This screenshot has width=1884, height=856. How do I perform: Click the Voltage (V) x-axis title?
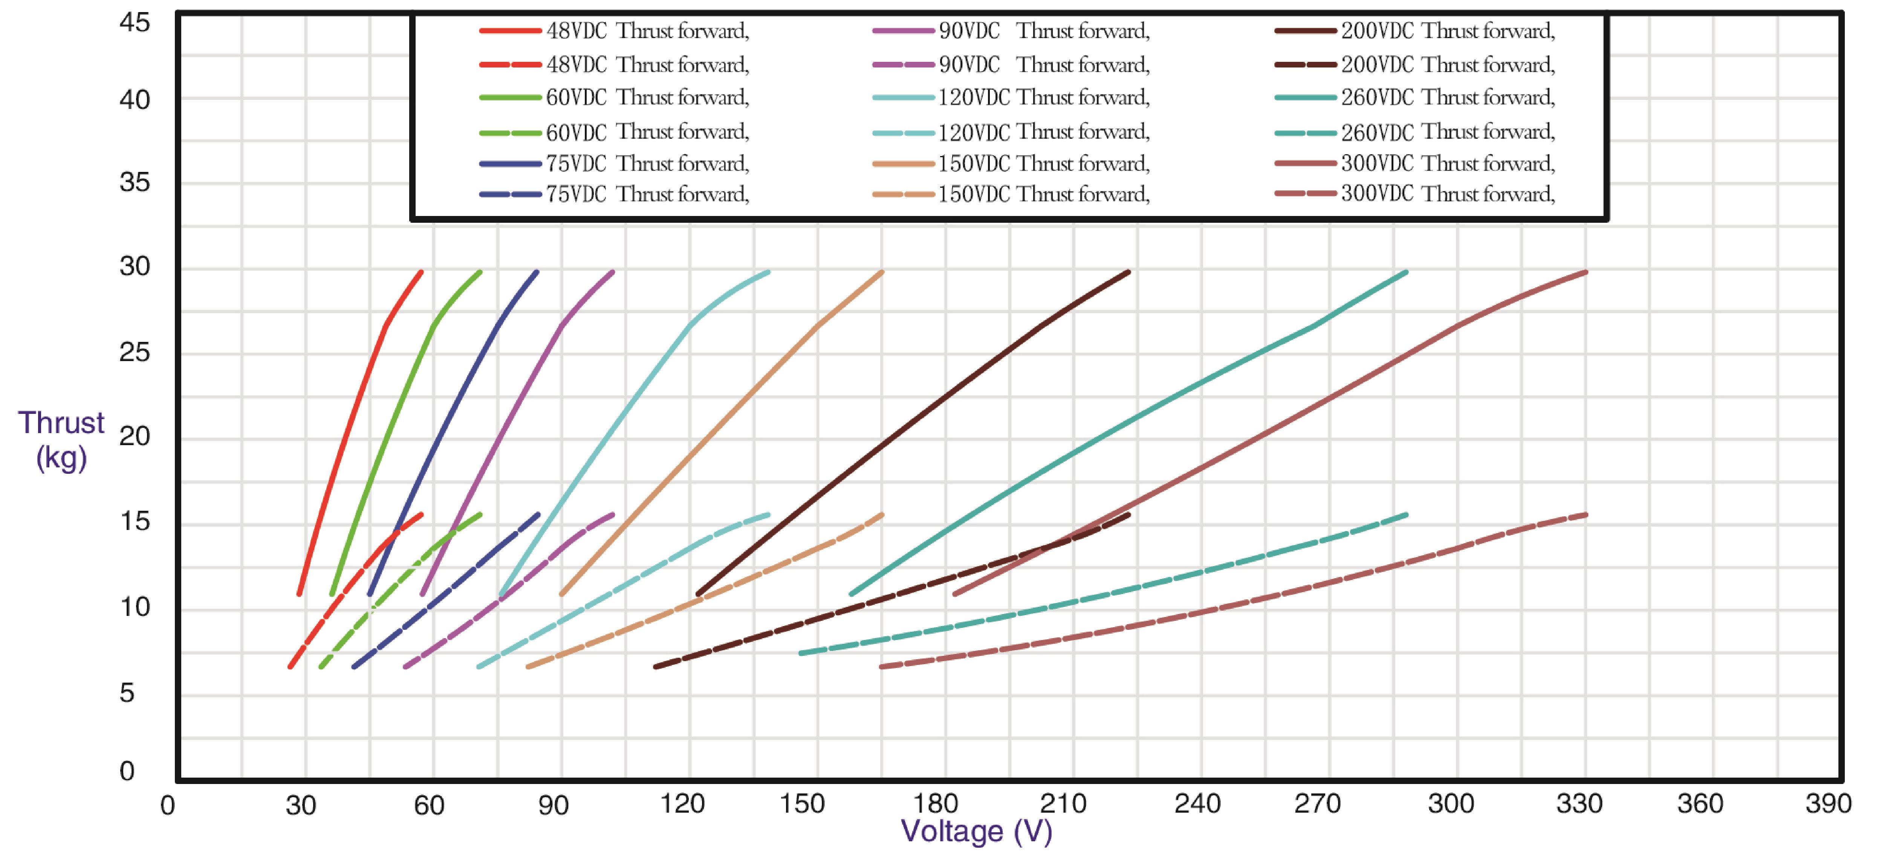pyautogui.click(x=976, y=831)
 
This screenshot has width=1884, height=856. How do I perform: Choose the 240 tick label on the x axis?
pyautogui.click(x=1197, y=804)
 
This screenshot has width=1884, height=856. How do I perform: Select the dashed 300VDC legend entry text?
pyautogui.click(x=1448, y=194)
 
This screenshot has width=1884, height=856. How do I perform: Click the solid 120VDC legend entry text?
pyautogui.click(x=1044, y=97)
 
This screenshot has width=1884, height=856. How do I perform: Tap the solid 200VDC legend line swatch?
pyautogui.click(x=1306, y=31)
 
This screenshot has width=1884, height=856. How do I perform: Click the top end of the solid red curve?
pyautogui.click(x=421, y=272)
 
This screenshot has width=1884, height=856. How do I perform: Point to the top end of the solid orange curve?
pyautogui.click(x=882, y=272)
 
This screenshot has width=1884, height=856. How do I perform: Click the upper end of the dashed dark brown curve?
pyautogui.click(x=1129, y=515)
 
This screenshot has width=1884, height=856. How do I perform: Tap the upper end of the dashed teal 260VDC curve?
pyautogui.click(x=1406, y=515)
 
